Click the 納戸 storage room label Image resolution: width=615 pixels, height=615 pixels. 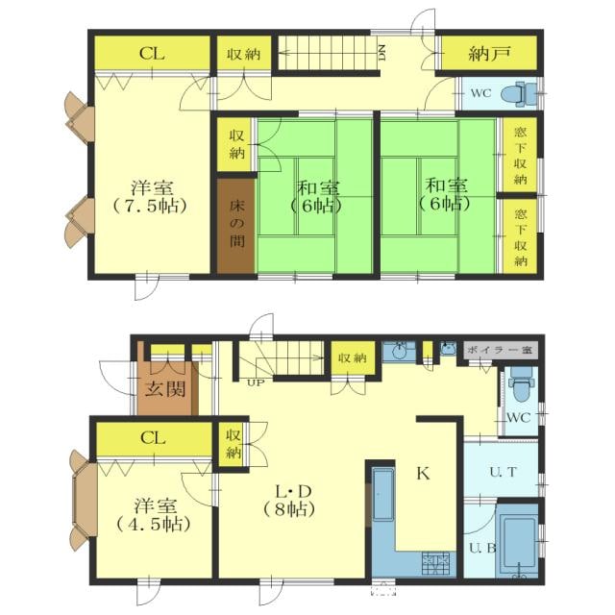489,54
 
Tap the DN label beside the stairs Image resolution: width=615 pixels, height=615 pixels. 381,53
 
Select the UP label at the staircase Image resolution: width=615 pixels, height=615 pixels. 256,382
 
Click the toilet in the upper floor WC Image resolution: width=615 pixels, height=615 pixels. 519,94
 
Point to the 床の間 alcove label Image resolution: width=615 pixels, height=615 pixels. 237,224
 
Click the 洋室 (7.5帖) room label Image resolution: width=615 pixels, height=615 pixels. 152,196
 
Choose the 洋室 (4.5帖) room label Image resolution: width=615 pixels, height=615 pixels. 154,515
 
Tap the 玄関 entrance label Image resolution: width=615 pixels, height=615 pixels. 165,389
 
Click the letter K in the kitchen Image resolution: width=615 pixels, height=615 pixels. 423,474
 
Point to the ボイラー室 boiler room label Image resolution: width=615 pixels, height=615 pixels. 500,350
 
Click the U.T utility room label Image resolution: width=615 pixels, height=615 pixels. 503,472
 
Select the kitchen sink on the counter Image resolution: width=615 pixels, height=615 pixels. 383,494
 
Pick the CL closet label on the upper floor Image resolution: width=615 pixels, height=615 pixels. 152,54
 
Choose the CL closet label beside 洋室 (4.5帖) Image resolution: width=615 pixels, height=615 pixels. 153,438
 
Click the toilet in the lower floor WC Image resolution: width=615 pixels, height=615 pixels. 520,384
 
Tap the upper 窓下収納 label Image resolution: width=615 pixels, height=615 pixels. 520,156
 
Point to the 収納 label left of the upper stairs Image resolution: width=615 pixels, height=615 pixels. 243,54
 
